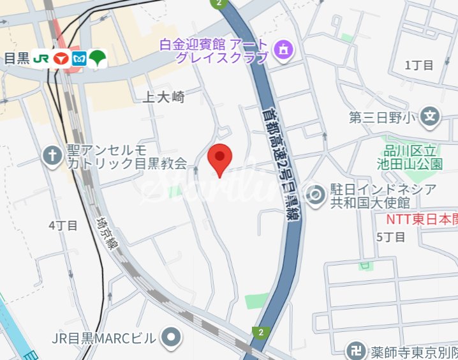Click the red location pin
pyautogui.click(x=220, y=159)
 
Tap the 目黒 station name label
pyautogui.click(x=17, y=59)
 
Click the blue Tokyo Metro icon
pyautogui.click(x=78, y=59)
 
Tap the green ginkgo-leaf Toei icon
pyautogui.click(x=97, y=58)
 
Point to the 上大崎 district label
pyautogui.click(x=163, y=97)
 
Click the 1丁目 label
pyautogui.click(x=418, y=64)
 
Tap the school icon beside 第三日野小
pyautogui.click(x=432, y=117)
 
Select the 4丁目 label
pyautogui.click(x=63, y=225)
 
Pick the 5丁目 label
pyautogui.click(x=390, y=237)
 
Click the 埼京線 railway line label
pyautogui.click(x=105, y=233)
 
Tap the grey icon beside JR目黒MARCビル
pyautogui.click(x=170, y=337)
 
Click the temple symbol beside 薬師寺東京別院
pyautogui.click(x=355, y=350)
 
